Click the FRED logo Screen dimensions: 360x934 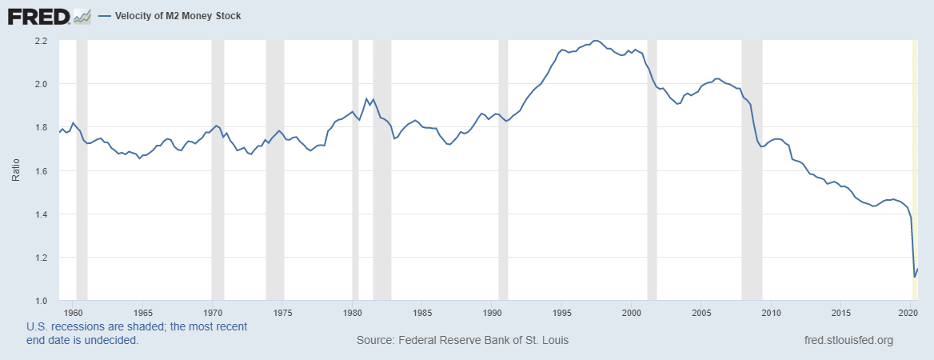click(38, 16)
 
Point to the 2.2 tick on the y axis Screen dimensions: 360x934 click(42, 41)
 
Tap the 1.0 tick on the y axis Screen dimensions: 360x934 click(42, 301)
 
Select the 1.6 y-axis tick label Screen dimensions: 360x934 click(42, 171)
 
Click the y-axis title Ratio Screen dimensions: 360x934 click(16, 170)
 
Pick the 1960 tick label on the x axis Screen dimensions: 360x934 click(73, 312)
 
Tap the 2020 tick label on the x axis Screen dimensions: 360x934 click(911, 312)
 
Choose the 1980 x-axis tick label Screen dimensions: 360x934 click(353, 312)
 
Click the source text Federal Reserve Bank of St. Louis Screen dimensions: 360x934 click(462, 340)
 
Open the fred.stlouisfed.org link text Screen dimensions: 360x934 click(848, 340)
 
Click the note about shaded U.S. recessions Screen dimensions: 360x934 click(136, 334)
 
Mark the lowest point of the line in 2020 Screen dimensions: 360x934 click(914, 277)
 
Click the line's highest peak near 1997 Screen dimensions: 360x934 click(595, 40)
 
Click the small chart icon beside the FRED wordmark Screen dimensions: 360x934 click(82, 16)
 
